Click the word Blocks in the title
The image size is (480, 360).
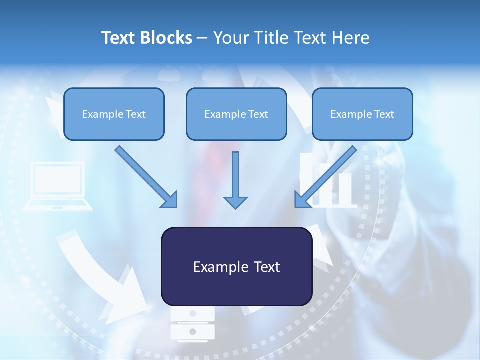point(166,38)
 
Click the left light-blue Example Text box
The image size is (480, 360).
point(114,114)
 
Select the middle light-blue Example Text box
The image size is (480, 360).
point(236,114)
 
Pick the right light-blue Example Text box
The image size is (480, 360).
point(363,114)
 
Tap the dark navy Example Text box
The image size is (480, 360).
point(237,266)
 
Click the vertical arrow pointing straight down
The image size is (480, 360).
point(235,180)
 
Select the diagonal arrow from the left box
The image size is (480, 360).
point(146,177)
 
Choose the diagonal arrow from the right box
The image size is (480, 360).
point(325,177)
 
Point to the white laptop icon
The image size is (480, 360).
point(58,186)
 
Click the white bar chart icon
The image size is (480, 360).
point(327,180)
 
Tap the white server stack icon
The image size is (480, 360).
point(192,324)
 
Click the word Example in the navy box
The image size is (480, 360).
point(216,267)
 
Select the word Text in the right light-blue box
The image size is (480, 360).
point(384,114)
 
